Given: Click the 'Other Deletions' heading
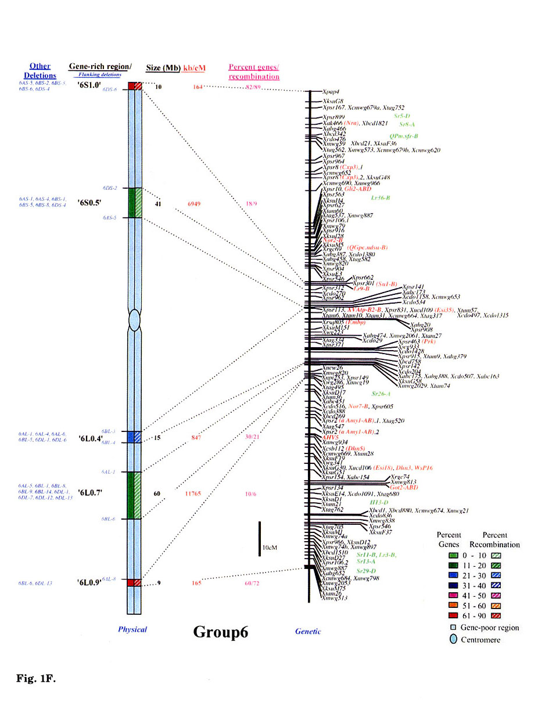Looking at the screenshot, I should [40, 71].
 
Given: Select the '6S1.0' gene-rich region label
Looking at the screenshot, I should [89, 85].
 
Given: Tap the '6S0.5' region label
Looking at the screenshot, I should [89, 203].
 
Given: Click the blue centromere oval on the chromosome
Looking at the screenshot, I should [134, 320].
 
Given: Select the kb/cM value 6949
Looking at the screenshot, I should [194, 204].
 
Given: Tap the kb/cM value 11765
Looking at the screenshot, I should [193, 494].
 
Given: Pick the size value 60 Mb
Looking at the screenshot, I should [157, 494].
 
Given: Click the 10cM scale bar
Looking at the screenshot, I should [260, 539].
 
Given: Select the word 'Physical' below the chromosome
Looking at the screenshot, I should [132, 629].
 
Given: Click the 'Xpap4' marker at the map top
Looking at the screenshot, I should [331, 92].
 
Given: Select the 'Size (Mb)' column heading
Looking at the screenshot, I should [163, 68].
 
